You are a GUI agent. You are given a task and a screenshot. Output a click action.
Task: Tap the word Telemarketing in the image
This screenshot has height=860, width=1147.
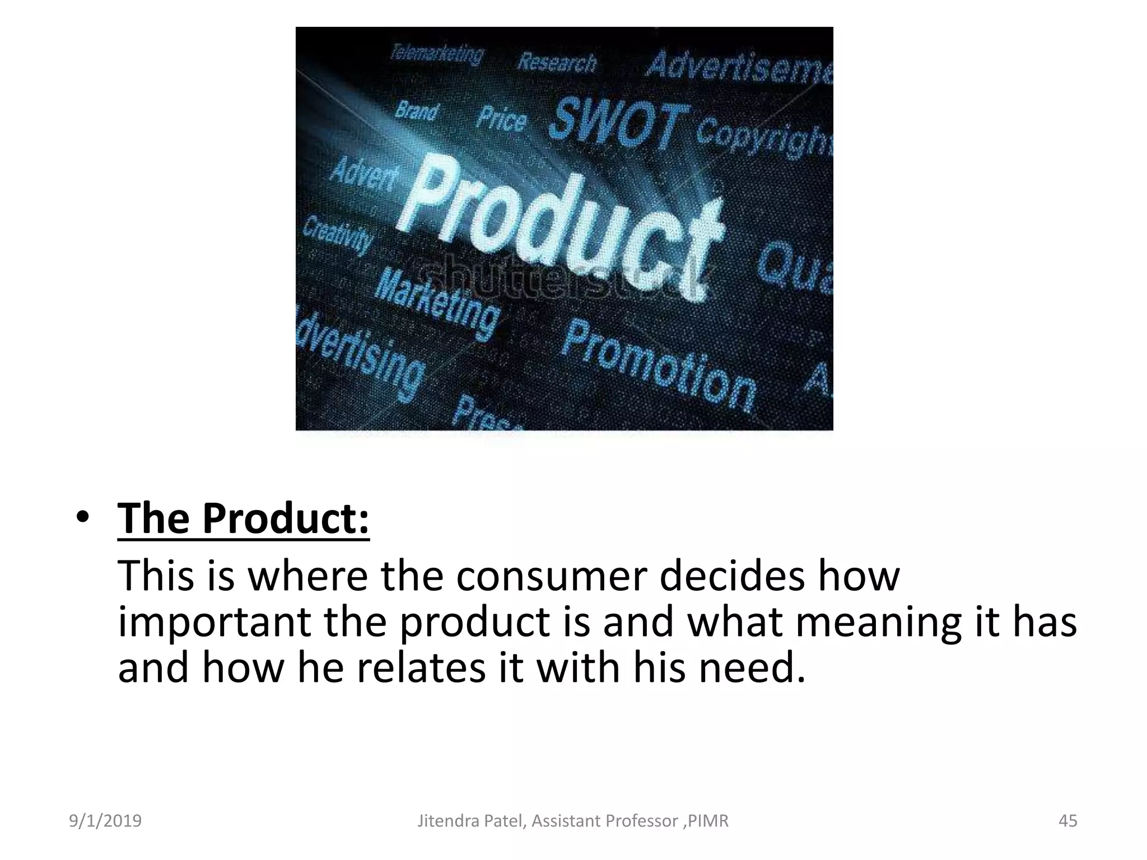pos(437,55)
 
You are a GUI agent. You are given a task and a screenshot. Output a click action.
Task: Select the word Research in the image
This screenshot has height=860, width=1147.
pos(557,62)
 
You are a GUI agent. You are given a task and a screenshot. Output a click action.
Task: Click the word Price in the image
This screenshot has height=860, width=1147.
pos(502,119)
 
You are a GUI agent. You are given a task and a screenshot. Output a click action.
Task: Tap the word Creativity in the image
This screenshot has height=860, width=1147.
pos(338,235)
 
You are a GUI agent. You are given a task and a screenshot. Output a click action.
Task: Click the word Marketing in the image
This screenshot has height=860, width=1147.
pos(437,303)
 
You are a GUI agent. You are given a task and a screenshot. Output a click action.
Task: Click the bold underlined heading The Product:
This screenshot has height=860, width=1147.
pos(244,518)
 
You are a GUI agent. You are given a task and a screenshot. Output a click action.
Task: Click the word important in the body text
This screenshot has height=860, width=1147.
pos(215,622)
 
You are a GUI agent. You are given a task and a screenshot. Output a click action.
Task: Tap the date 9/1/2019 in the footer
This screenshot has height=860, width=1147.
pos(105,821)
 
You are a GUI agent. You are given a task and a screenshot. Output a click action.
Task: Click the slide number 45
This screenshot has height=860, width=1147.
pos(1067,821)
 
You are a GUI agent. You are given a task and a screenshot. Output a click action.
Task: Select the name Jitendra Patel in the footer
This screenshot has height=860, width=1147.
pos(472,821)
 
